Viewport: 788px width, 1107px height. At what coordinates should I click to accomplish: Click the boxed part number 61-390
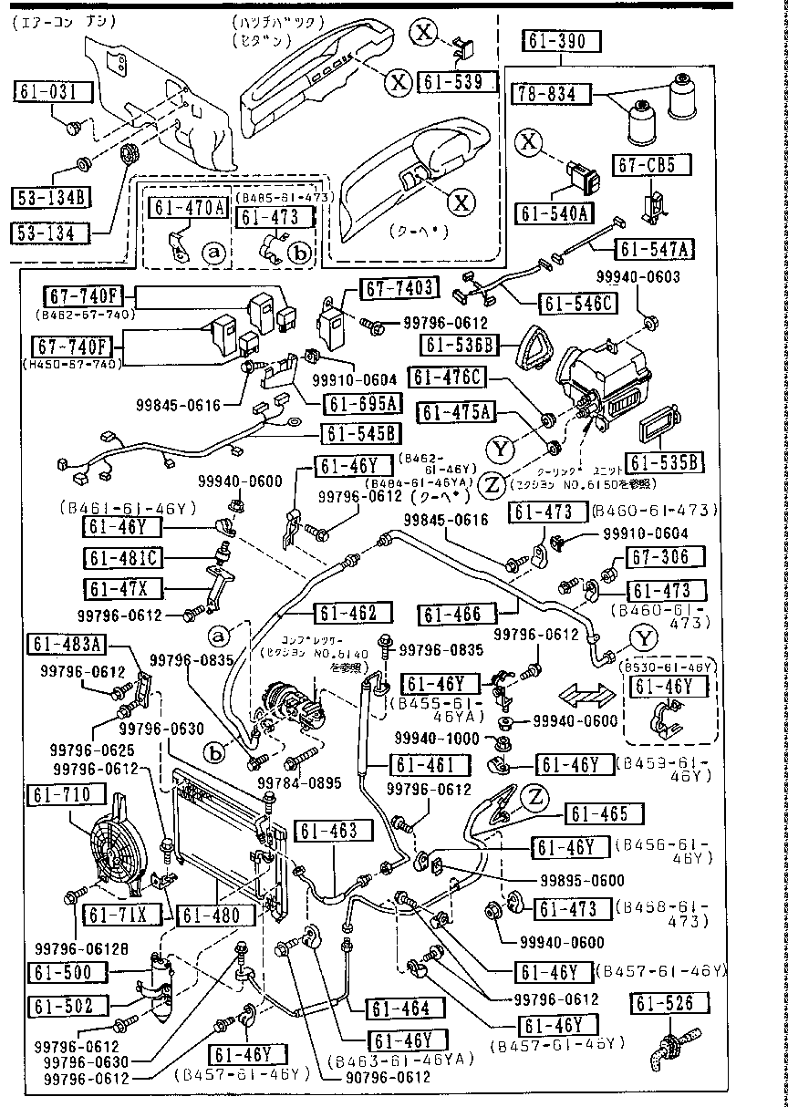[561, 42]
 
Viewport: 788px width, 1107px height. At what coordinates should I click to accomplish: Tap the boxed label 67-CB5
[647, 165]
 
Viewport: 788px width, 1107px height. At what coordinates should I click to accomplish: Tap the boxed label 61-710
[60, 795]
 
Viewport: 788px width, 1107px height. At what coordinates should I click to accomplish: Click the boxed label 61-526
[669, 1004]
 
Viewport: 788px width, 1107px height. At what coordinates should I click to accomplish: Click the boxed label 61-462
[347, 614]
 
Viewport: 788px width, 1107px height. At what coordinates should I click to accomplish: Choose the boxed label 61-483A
[67, 647]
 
